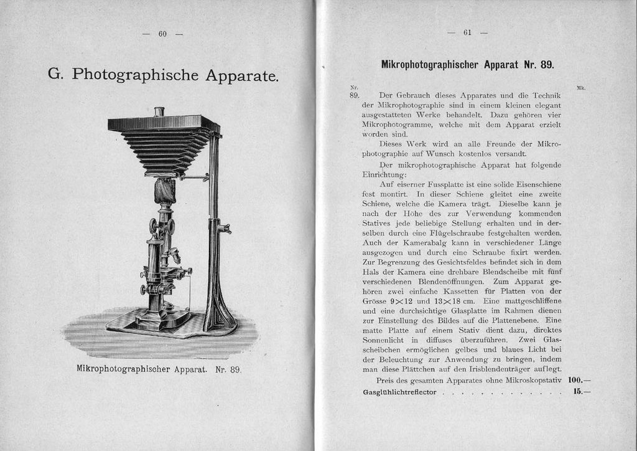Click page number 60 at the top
162,34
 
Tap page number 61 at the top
467,33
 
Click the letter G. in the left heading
55,74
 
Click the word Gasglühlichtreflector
400,392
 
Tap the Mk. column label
581,88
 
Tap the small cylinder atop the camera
159,112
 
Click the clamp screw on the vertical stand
224,229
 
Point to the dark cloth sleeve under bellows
165,190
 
